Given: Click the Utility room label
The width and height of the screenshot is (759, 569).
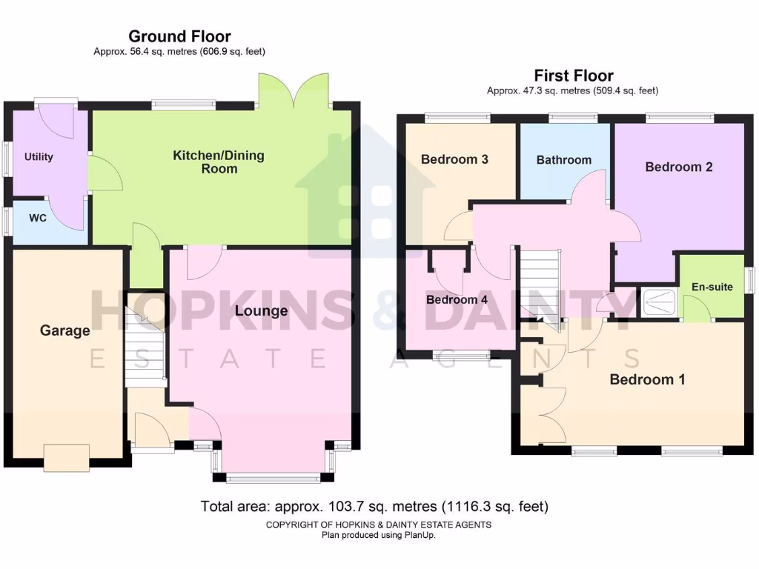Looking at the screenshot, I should click(39, 157).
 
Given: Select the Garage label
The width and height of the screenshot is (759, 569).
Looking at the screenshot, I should click(65, 331).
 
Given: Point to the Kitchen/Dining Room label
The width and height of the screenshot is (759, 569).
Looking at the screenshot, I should click(219, 162).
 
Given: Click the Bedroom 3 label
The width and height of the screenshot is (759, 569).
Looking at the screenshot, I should click(454, 159).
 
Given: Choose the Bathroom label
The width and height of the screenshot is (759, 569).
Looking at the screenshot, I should click(564, 160).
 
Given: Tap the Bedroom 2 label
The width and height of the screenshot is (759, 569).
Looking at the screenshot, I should click(679, 167).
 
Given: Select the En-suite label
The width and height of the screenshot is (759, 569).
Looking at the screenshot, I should click(712, 287).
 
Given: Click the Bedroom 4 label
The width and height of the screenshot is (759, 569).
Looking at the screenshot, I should click(457, 300).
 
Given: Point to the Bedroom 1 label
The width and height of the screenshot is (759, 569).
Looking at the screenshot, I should click(647, 380).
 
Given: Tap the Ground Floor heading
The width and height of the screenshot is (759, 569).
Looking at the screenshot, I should click(179, 36).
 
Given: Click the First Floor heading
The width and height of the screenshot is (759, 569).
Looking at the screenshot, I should click(574, 76).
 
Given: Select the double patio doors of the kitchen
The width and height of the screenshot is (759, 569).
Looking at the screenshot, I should click(294, 91).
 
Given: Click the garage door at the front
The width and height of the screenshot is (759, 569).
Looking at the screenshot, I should click(66, 457).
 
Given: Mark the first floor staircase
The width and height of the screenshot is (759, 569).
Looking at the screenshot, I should click(540, 285).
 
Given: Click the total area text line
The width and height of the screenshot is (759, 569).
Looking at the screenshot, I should click(374, 508).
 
